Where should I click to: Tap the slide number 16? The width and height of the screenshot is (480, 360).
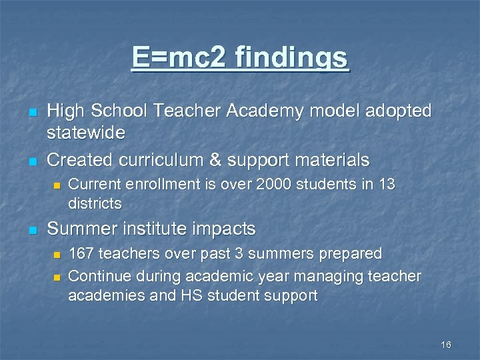[446, 345]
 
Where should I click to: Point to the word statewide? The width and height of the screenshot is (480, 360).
[86, 133]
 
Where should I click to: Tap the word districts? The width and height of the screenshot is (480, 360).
[95, 202]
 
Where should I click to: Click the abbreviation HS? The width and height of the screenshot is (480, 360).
[206, 295]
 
